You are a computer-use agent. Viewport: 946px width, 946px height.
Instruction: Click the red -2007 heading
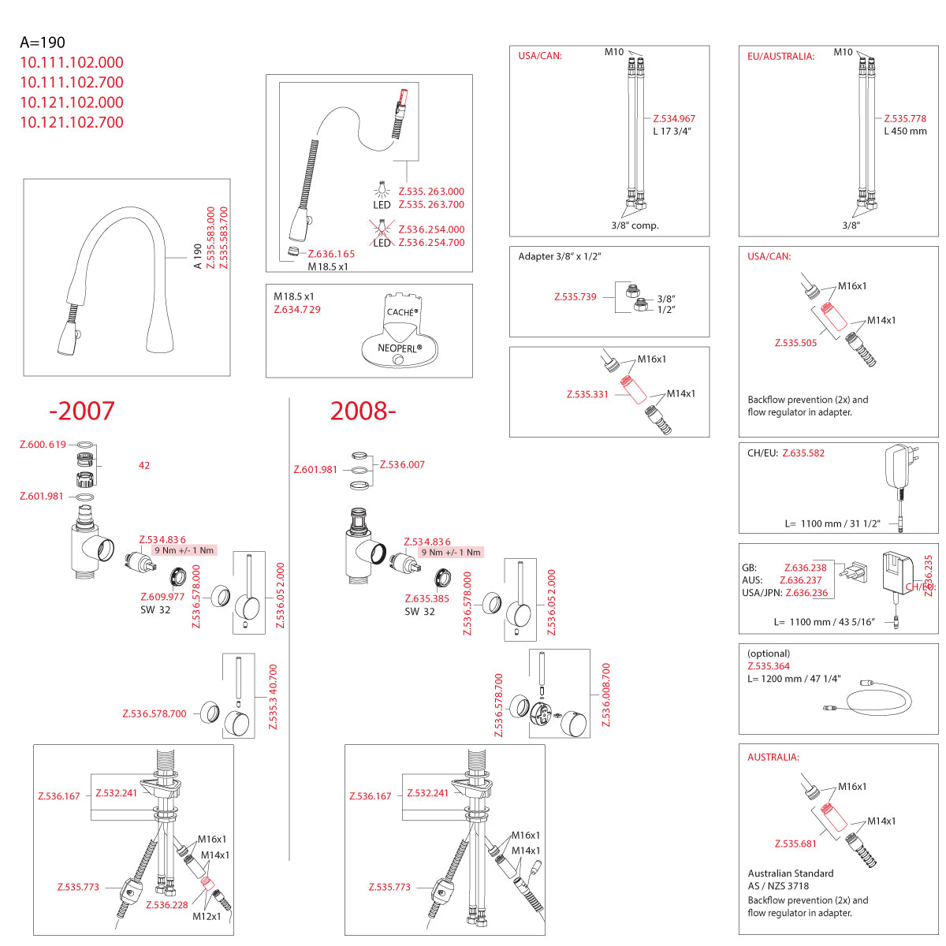pos(82,411)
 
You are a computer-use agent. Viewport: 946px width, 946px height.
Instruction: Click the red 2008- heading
pos(363,411)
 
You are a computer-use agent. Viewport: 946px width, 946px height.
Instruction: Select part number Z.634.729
pos(297,310)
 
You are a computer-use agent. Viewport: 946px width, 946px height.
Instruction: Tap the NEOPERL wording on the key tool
pos(399,348)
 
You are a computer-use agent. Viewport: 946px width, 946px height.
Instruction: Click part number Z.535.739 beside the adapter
pos(575,297)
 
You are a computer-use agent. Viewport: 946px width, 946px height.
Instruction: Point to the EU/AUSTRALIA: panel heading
pos(780,57)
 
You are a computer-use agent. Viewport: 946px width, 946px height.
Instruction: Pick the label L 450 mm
pos(905,132)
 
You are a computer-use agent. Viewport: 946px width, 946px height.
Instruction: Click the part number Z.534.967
pos(674,119)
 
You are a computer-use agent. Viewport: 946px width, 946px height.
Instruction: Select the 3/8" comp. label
pos(635,225)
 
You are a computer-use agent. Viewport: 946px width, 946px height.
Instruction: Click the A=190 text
pos(43,43)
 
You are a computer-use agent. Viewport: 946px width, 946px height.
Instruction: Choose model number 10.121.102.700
pos(72,122)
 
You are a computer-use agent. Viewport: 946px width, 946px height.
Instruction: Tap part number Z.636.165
pos(331,254)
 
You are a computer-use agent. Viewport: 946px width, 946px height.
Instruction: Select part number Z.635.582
pos(803,453)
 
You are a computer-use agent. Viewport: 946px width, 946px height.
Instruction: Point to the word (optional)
pos(769,654)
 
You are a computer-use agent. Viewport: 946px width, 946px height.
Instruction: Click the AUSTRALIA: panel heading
pos(773,758)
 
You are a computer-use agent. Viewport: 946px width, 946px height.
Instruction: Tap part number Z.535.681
pos(795,844)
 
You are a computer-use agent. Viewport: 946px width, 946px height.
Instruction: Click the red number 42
pos(144,466)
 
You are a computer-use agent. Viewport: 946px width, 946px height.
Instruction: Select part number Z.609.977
pos(162,597)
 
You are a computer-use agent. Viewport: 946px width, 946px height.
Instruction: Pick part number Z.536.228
pos(167,905)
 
